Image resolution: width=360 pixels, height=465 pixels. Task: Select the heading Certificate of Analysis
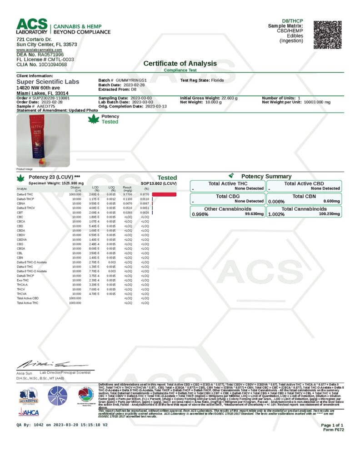point(180,64)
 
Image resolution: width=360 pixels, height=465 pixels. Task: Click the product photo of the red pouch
point(43,139)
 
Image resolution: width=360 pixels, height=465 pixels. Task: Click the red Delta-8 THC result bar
point(164,194)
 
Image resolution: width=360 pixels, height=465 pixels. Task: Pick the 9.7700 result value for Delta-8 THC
point(129,194)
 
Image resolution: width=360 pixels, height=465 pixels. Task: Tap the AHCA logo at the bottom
point(28,412)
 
